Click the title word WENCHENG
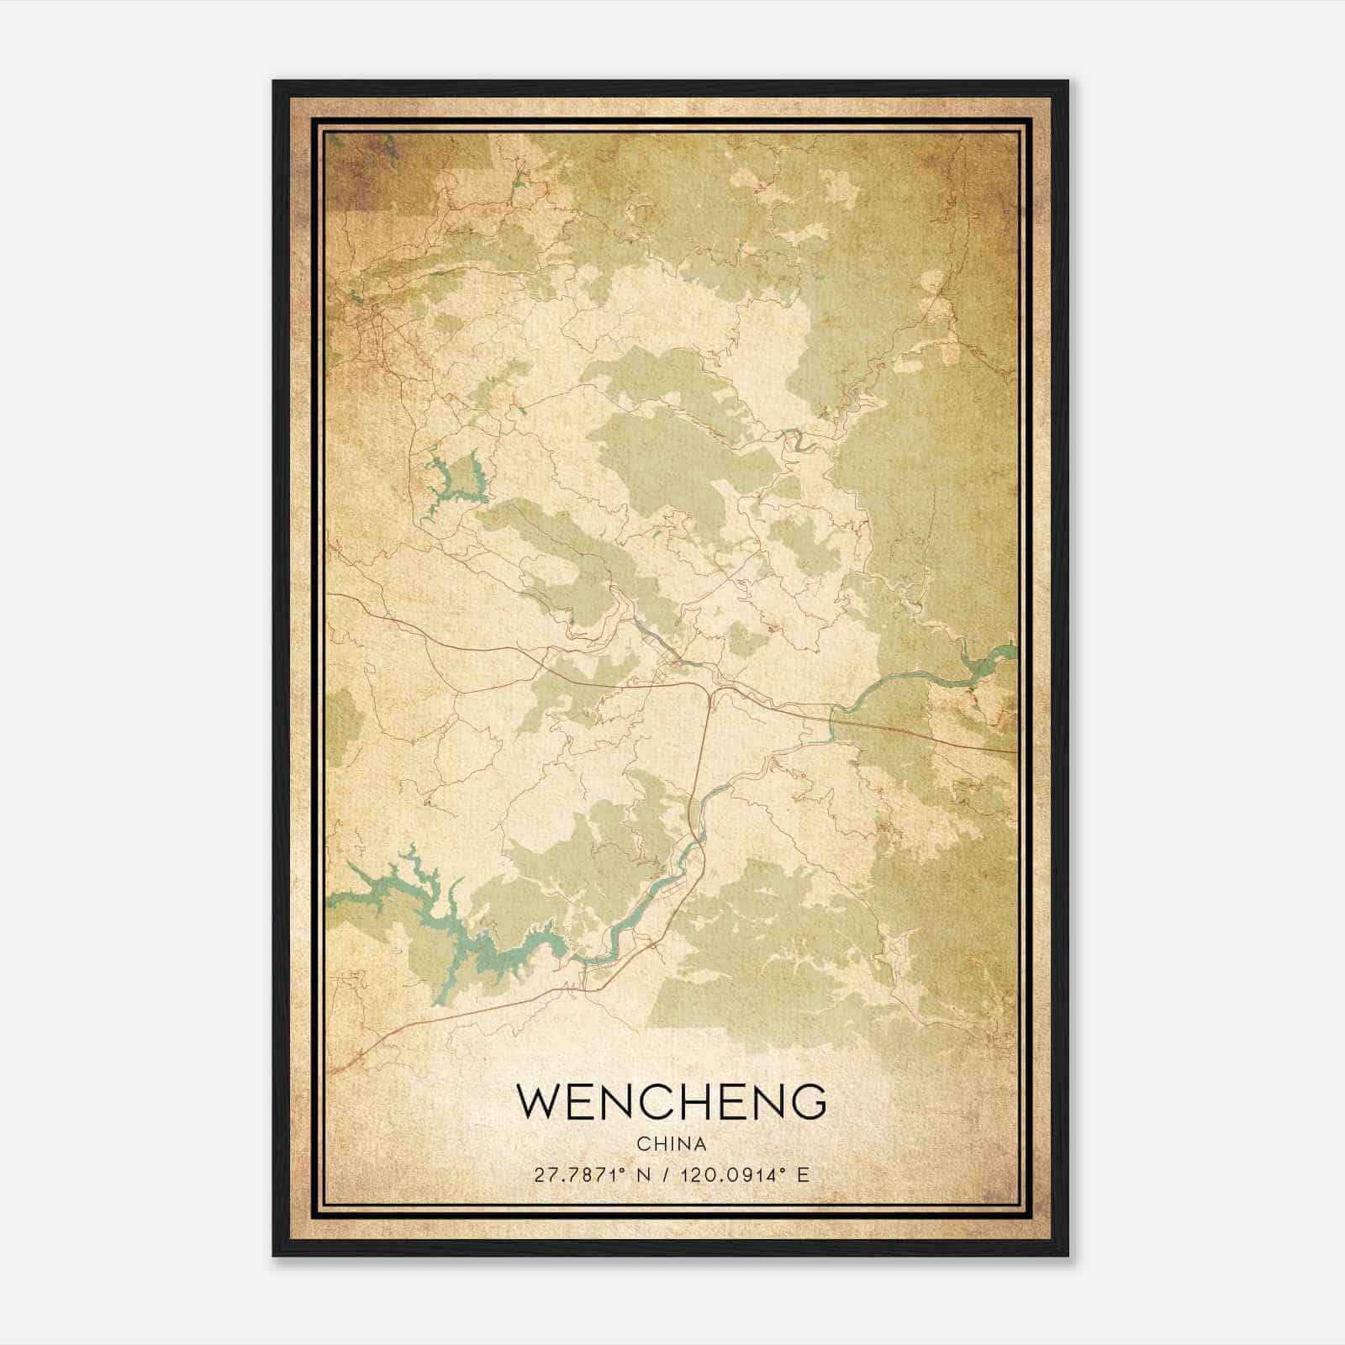click(x=671, y=1102)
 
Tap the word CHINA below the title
click(x=671, y=1144)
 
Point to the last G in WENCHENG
click(x=808, y=1102)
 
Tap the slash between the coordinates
click(x=665, y=1175)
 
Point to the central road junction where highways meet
click(x=711, y=694)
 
